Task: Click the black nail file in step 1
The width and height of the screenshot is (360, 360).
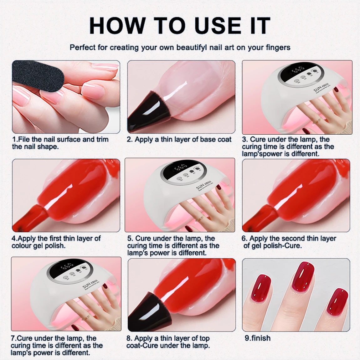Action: [38, 77]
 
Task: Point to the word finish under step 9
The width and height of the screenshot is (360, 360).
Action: [261, 338]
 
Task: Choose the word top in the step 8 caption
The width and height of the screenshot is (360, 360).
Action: [204, 338]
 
